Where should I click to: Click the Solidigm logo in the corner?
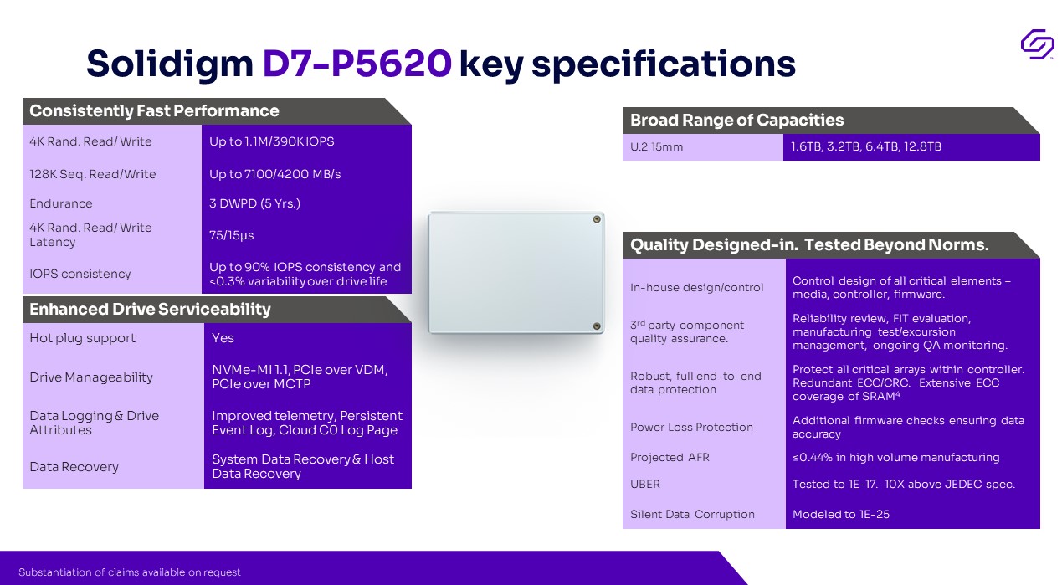tap(1038, 44)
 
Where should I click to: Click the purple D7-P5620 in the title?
tap(357, 63)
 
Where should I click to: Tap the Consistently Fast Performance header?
tap(154, 111)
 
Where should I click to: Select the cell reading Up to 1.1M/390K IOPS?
tap(272, 141)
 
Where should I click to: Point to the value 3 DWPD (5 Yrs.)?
tap(254, 203)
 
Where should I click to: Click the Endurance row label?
tap(61, 203)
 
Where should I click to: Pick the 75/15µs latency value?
tap(231, 235)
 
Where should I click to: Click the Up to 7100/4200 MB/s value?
tap(275, 174)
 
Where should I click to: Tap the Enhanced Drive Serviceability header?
tap(150, 309)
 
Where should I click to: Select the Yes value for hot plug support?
tap(223, 338)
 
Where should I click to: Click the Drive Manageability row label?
tap(91, 377)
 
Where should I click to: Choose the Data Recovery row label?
tap(74, 467)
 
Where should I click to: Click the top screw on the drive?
tap(597, 219)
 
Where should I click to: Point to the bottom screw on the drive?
tap(597, 326)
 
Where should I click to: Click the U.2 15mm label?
tap(656, 147)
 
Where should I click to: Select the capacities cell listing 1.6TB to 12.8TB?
tap(865, 147)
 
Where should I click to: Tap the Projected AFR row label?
tap(670, 458)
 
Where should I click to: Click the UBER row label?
tap(644, 484)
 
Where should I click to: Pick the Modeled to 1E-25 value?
tap(840, 515)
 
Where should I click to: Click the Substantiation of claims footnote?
tap(130, 572)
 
